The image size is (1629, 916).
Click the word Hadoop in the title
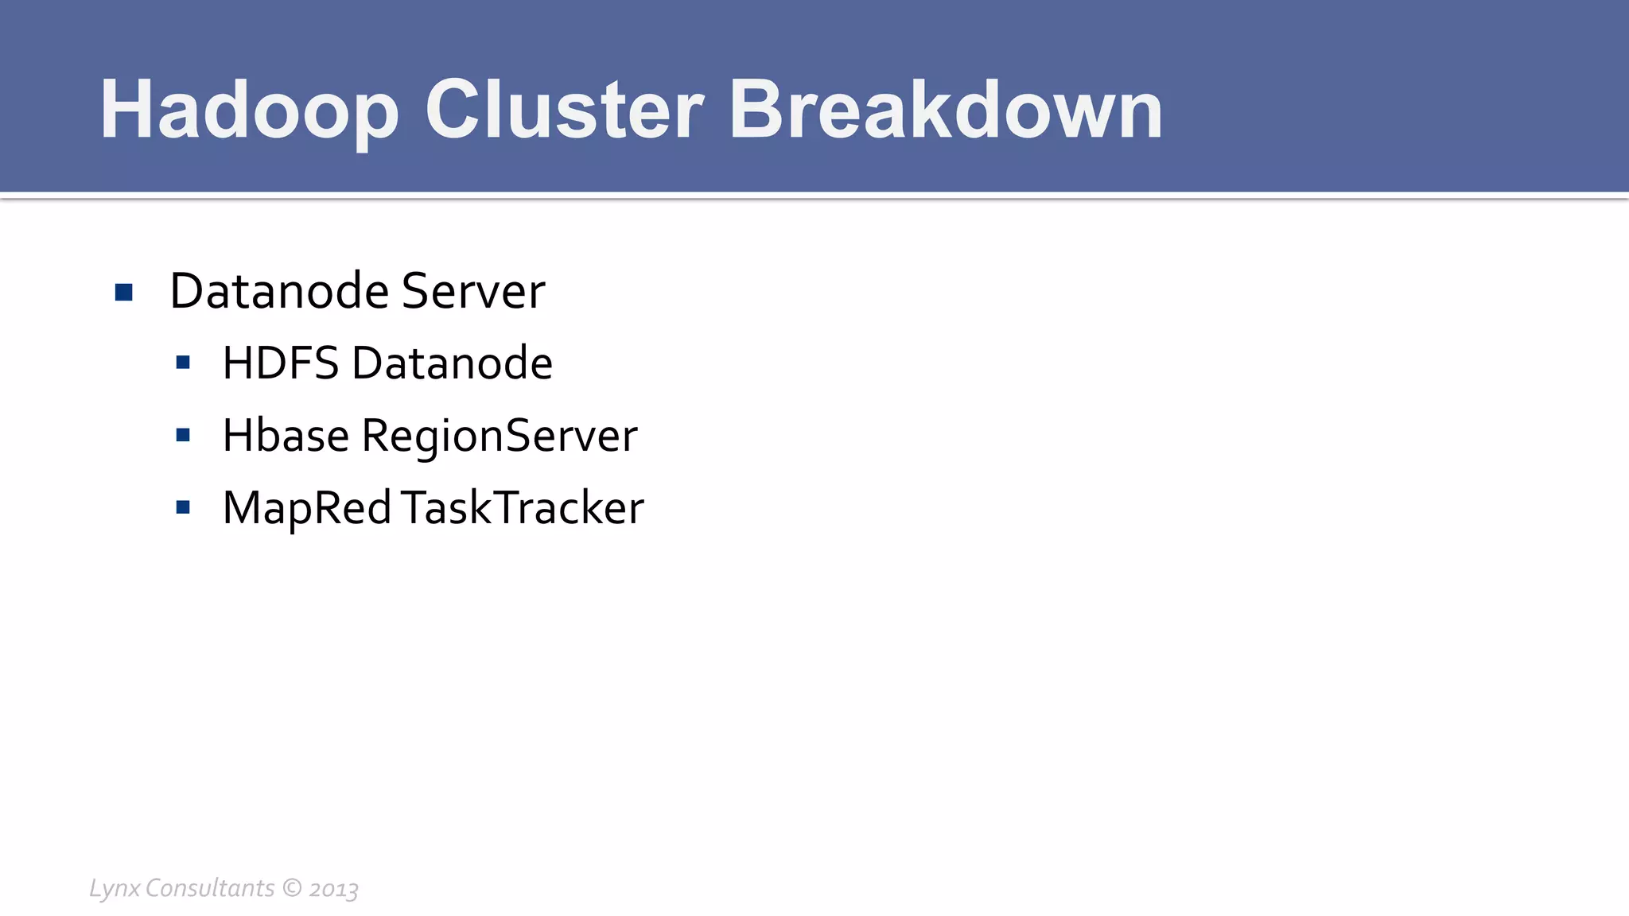pos(249,111)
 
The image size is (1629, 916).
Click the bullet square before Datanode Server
pos(123,293)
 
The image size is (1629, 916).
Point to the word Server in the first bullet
pos(473,291)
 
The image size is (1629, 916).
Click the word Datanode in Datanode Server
pos(279,291)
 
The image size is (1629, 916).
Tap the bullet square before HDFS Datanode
pos(183,363)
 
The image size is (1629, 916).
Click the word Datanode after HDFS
pos(452,363)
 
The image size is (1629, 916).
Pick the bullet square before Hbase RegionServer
pos(183,436)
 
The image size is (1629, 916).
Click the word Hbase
pos(286,436)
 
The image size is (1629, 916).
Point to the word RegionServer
pos(500,436)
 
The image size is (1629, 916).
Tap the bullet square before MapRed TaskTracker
pos(183,507)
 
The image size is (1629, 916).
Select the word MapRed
pos(307,508)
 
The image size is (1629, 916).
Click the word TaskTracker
pos(523,508)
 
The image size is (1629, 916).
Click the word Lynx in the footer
pos(115,888)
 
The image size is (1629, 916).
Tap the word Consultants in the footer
pos(210,887)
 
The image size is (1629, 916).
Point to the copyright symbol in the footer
pos(292,887)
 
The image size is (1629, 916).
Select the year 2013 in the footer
pos(333,889)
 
